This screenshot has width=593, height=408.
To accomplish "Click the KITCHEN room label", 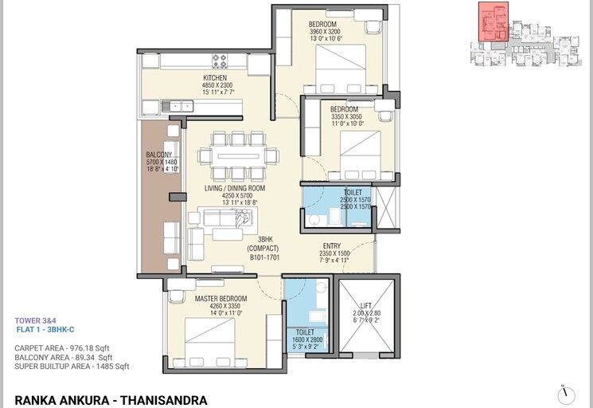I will (216, 78).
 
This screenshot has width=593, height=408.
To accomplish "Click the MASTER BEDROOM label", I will (220, 299).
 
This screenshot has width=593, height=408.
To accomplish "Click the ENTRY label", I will (332, 246).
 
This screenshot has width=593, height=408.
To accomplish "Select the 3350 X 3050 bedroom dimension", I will (346, 116).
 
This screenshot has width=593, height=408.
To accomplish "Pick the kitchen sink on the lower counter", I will (177, 105).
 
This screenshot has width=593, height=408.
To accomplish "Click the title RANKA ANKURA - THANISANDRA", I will (111, 399).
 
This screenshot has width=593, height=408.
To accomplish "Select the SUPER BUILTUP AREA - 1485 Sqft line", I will (72, 367).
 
